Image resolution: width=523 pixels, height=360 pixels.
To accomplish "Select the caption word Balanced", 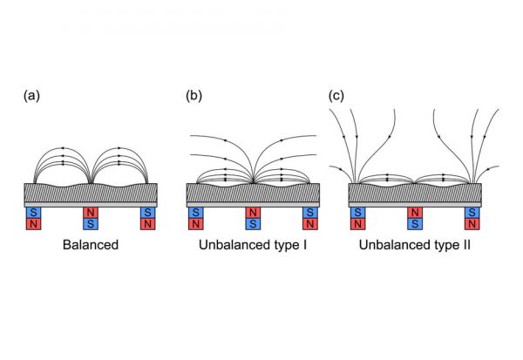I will [91, 246].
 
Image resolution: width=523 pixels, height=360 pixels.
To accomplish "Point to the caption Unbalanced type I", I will [253, 246].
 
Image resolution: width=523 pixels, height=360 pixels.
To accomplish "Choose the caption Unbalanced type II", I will [415, 246].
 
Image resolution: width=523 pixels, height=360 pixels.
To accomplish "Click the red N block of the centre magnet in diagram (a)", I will [91, 213].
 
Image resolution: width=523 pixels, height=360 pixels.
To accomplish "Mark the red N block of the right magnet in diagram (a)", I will [147, 224].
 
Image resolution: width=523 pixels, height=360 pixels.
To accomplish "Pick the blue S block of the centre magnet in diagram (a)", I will [91, 224].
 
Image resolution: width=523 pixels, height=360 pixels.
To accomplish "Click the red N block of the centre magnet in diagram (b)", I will [253, 213].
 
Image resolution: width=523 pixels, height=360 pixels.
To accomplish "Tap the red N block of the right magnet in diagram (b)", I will [309, 224].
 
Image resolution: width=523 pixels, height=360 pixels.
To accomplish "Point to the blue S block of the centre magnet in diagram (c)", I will [415, 224].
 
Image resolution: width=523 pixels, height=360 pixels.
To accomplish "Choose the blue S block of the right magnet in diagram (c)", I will [472, 213].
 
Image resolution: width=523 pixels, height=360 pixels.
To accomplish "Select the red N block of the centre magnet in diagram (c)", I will [415, 213].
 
